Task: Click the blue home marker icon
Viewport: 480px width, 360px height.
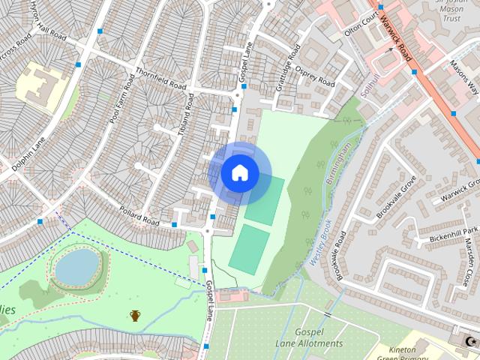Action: tap(239, 173)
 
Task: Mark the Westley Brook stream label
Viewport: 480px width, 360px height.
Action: tap(320, 244)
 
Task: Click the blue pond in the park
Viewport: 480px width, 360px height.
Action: tap(77, 266)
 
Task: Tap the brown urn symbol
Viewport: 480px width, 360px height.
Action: tap(135, 316)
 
